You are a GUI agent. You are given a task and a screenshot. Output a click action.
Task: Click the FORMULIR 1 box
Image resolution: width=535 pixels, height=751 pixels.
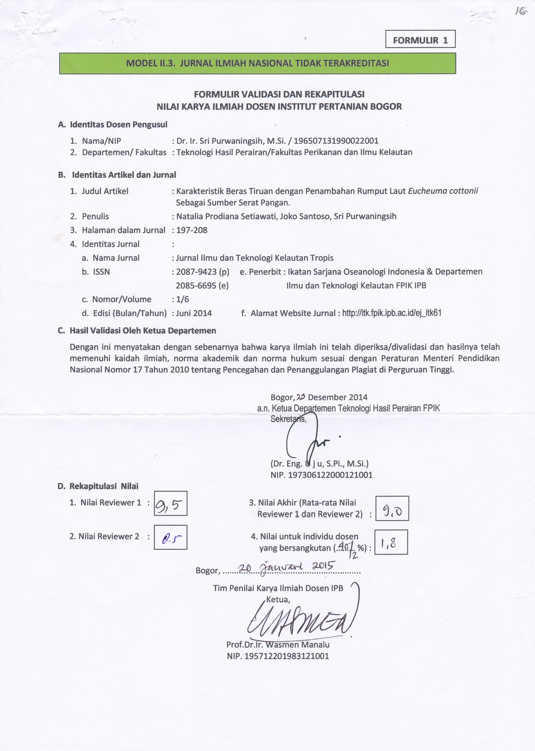[420, 39]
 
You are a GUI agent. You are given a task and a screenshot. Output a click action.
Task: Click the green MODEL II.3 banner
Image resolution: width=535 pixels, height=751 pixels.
[257, 63]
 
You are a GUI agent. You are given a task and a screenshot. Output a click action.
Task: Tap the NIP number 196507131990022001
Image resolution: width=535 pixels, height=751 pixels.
[336, 141]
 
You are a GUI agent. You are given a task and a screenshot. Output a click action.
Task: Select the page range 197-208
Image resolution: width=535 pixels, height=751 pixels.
[192, 230]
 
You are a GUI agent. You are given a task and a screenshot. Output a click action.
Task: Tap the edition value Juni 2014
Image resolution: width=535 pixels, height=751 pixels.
[194, 313]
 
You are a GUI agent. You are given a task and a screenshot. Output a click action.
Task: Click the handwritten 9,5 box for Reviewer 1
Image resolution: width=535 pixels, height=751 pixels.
[171, 503]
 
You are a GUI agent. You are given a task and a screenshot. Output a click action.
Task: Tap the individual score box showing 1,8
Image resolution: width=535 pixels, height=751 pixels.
[391, 542]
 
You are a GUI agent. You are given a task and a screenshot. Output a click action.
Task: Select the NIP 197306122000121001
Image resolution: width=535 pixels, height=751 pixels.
[321, 475]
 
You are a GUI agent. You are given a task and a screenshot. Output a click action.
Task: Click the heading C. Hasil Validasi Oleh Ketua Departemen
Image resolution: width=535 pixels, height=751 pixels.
[137, 331]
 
